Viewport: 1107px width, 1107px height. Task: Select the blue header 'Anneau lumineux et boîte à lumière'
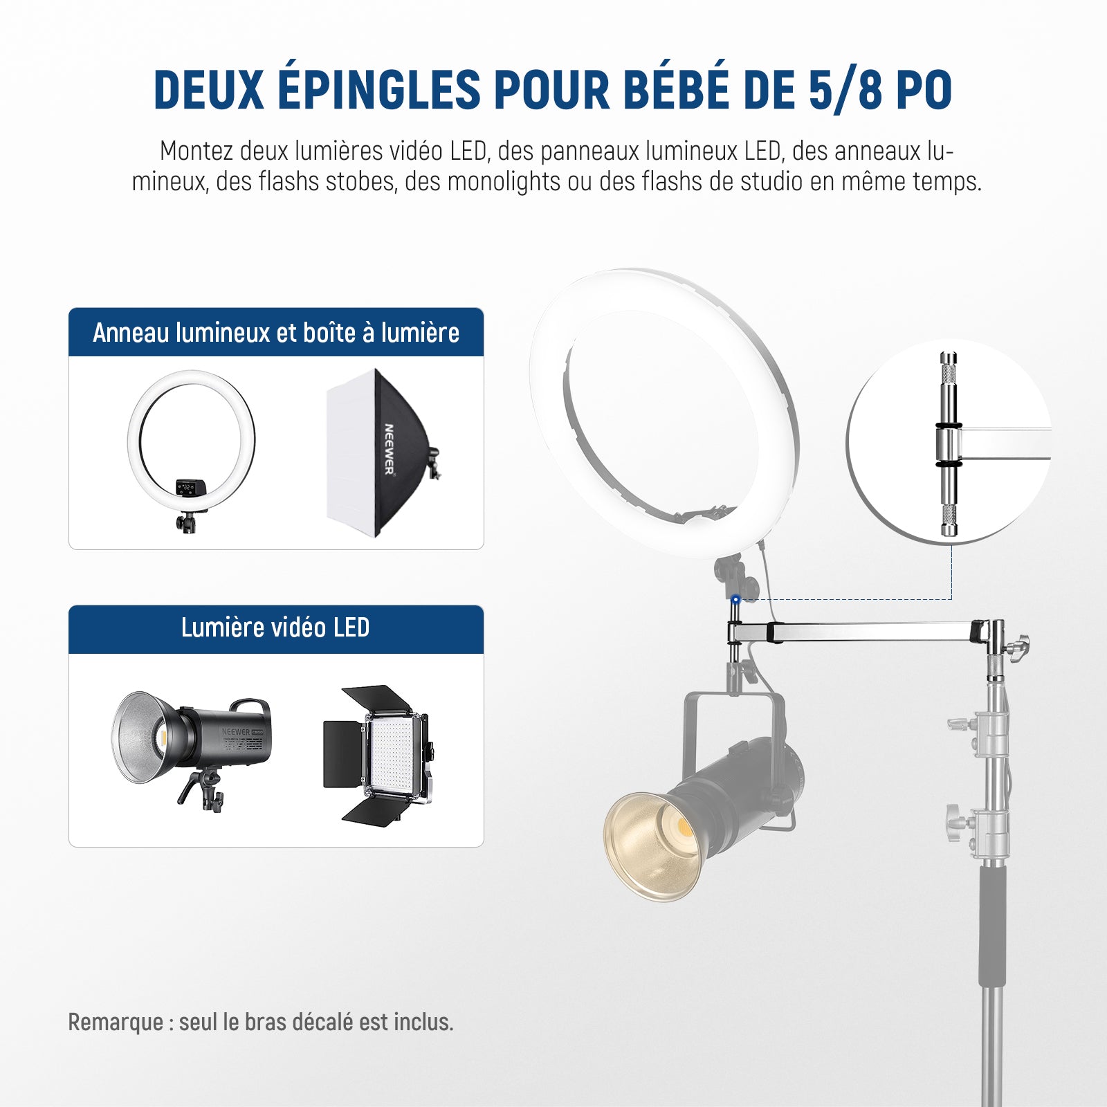276,332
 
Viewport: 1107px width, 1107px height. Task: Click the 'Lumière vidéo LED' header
276,628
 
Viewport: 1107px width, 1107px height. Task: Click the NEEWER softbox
383,453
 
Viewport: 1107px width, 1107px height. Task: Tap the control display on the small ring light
187,488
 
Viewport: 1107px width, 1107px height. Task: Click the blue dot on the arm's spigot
735,599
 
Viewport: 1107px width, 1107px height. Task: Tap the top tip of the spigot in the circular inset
949,354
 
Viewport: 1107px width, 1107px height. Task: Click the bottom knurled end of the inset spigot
949,520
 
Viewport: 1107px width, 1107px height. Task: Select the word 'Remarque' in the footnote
116,1022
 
